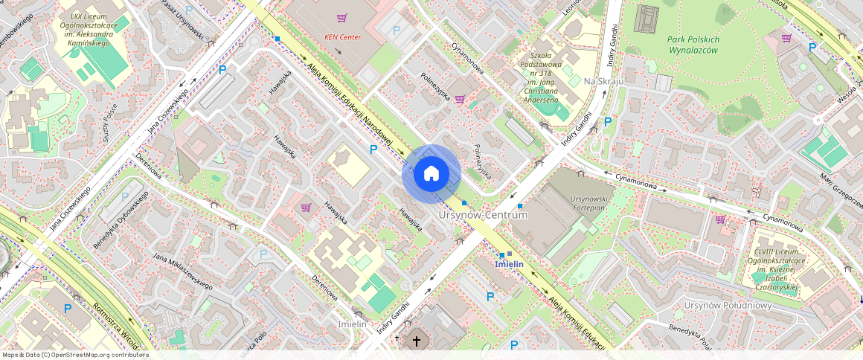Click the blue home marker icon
(x=431, y=174)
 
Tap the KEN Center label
(x=343, y=36)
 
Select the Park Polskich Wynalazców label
(x=693, y=45)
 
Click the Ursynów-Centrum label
(x=483, y=215)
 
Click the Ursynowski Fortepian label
(x=590, y=205)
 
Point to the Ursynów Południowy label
(x=728, y=306)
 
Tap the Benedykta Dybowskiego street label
(x=121, y=220)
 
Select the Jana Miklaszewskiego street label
(x=182, y=271)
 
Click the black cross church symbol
(x=417, y=341)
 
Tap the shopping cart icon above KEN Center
(x=341, y=18)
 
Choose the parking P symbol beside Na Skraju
(x=608, y=121)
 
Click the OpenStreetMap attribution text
(x=75, y=355)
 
